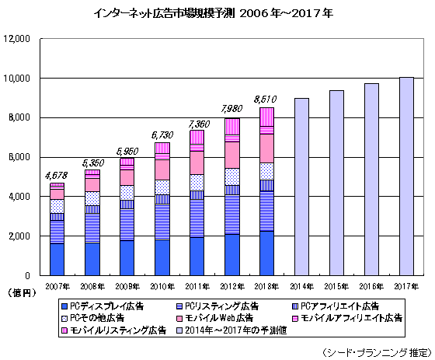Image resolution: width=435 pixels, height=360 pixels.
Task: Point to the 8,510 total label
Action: click(x=266, y=99)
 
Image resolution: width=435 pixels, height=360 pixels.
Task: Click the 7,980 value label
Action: click(x=232, y=109)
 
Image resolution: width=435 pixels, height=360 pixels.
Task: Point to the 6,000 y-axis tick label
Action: click(x=19, y=157)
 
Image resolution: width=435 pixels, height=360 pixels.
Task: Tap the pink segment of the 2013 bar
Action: click(x=266, y=148)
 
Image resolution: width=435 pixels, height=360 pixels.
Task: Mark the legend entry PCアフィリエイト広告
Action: click(x=342, y=306)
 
